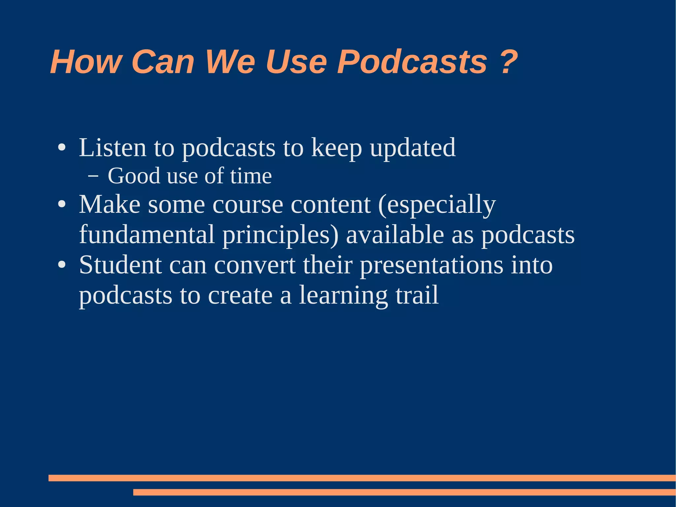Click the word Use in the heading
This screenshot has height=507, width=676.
coord(296,62)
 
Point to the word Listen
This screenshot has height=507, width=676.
coord(112,148)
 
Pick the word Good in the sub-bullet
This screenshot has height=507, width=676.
coord(134,176)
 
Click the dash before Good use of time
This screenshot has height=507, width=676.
coord(93,176)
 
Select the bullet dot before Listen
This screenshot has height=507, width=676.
coord(62,148)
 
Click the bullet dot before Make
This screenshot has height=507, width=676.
coord(62,205)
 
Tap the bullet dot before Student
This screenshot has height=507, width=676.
coord(62,265)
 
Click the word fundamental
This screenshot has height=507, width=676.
coord(147,235)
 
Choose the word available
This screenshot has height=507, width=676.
coord(395,235)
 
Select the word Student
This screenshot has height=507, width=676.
coord(120,265)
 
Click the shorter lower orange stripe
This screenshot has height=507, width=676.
coord(404,492)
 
